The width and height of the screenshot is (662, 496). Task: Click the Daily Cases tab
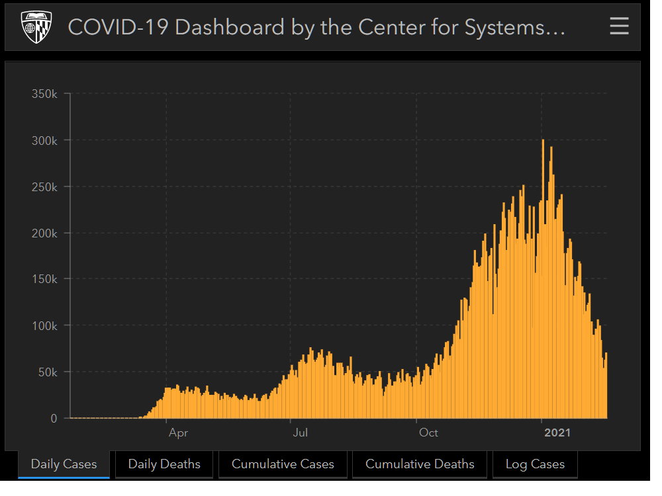click(64, 464)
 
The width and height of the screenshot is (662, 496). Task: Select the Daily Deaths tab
click(164, 464)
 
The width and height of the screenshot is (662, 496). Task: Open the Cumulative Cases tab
click(283, 464)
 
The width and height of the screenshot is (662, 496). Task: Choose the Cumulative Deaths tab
click(420, 464)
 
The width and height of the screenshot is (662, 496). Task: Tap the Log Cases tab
click(535, 464)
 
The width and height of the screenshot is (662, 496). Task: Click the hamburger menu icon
click(619, 26)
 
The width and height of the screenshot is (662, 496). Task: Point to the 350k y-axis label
click(44, 94)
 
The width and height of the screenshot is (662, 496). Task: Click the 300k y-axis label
click(44, 140)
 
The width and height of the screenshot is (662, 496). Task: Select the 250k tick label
click(44, 186)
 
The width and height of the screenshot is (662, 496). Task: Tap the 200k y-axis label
click(44, 233)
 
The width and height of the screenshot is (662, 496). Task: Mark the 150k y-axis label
click(44, 279)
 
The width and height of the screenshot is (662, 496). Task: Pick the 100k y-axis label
click(44, 325)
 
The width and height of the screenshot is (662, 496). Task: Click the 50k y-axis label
click(47, 372)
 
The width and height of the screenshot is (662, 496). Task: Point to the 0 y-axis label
click(54, 418)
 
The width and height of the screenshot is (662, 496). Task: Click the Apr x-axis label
click(178, 433)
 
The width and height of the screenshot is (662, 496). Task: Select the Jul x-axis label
click(301, 433)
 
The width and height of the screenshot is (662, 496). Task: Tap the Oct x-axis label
click(428, 433)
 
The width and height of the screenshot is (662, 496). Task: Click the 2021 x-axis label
click(557, 433)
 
